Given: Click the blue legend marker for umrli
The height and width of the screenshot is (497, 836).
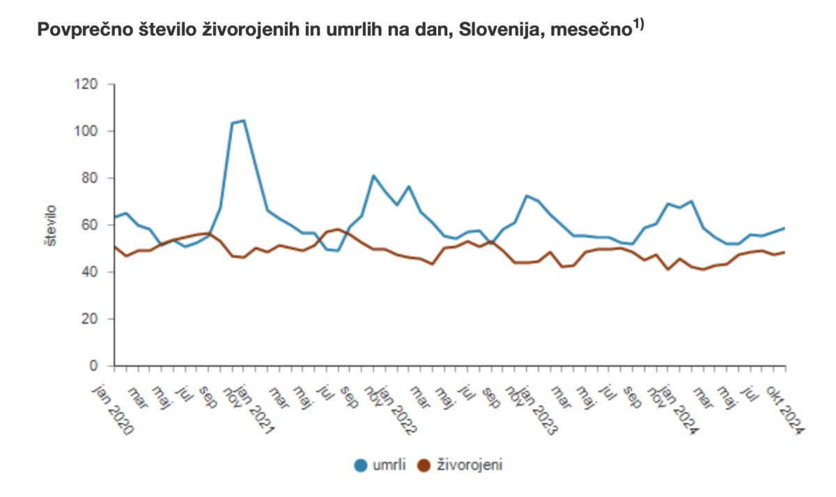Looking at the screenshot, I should coord(362,465).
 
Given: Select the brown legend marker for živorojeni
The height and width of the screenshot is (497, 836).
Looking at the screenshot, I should coord(423,465).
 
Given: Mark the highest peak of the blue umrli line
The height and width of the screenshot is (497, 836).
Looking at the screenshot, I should coord(243,120).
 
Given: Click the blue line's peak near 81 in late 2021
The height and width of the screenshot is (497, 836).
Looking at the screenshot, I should coord(373,175).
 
